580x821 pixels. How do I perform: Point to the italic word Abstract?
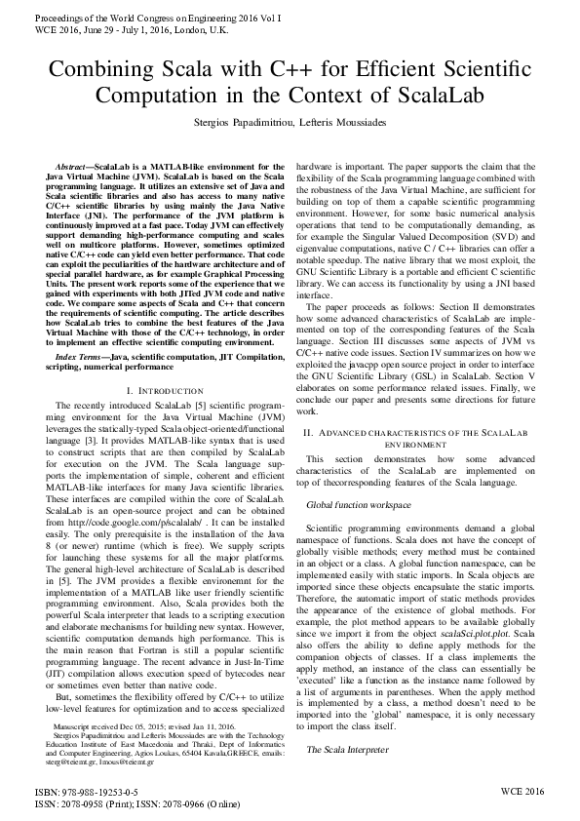[x=74, y=167]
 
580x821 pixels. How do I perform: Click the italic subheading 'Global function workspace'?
[x=359, y=505]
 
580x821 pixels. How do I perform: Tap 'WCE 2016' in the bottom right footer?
[x=522, y=791]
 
